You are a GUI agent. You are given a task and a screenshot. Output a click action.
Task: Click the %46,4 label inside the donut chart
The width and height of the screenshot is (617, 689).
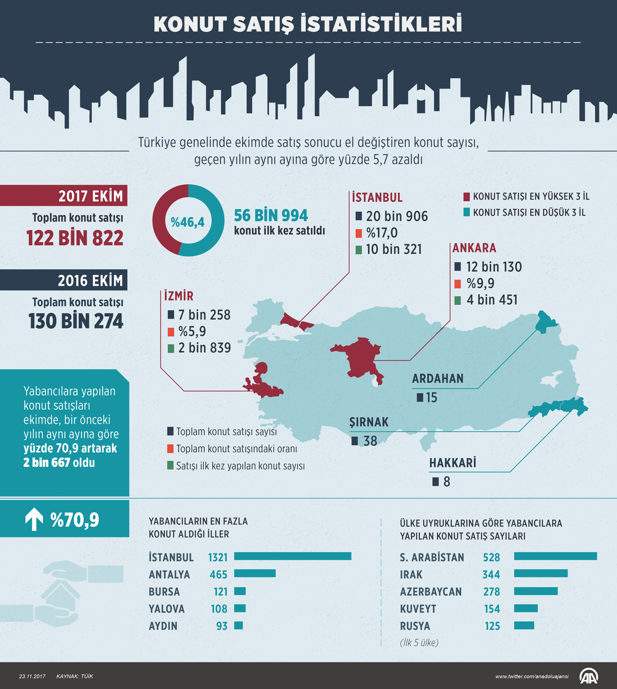187,222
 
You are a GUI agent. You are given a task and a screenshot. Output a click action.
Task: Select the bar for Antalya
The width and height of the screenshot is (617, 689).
255,574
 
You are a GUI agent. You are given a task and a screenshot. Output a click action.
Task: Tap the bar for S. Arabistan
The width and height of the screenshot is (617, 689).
555,557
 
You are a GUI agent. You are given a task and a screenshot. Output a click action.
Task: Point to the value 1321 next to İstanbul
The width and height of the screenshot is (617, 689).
218,557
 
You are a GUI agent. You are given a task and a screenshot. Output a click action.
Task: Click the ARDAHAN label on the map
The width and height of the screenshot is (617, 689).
437,379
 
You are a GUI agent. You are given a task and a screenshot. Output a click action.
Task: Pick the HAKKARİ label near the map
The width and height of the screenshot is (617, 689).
452,463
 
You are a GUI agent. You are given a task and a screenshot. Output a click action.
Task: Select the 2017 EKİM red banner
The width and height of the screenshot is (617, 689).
63,196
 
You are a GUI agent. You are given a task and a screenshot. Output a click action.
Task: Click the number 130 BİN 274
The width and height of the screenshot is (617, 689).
76,321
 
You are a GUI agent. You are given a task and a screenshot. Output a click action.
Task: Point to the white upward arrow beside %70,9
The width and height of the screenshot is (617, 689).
34,519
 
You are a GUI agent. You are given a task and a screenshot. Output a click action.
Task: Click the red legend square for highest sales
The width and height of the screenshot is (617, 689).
467,197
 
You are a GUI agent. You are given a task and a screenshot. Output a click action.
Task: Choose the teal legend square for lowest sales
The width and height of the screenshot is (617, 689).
467,212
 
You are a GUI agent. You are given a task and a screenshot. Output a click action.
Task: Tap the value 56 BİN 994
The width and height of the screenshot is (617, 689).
270,215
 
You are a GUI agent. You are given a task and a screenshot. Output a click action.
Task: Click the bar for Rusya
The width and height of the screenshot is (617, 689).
524,626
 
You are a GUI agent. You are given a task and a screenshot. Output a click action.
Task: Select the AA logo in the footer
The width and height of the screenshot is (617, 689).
588,676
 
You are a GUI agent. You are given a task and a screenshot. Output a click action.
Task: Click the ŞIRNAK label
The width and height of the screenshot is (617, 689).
369,422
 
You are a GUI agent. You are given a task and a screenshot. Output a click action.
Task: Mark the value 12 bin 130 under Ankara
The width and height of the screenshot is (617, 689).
494,267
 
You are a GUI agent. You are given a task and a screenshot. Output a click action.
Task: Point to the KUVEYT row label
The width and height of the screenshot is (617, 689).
418,609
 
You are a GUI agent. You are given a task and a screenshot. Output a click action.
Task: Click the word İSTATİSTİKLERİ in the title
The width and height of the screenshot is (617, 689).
381,24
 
